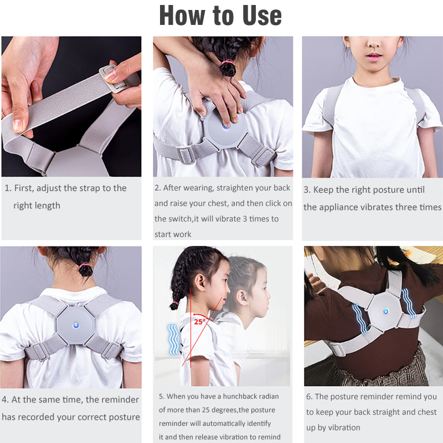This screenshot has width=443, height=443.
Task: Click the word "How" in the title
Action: coord(182,16)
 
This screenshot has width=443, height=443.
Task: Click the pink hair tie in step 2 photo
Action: coord(228,61)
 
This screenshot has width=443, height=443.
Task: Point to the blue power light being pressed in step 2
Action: coord(225,127)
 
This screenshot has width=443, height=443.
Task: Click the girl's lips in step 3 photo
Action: coord(374,56)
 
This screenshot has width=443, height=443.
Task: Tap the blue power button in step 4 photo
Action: coord(76,326)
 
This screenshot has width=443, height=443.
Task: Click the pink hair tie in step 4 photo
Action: coord(85,265)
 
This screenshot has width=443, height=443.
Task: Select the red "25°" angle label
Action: coord(200,322)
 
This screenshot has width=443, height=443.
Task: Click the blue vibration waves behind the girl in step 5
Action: coord(174,339)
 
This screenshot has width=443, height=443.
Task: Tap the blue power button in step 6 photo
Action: coord(385,311)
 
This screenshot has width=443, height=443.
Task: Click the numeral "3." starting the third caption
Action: coord(307,190)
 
